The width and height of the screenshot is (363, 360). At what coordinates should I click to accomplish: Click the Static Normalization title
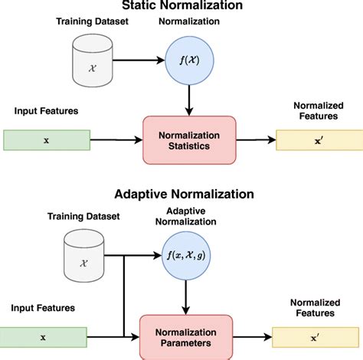point(188,5)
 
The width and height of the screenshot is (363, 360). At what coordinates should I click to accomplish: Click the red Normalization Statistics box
point(188,139)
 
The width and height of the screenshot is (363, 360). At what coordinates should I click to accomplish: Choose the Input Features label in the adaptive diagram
point(41,308)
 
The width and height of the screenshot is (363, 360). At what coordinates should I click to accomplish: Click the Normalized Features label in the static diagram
point(319,110)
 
